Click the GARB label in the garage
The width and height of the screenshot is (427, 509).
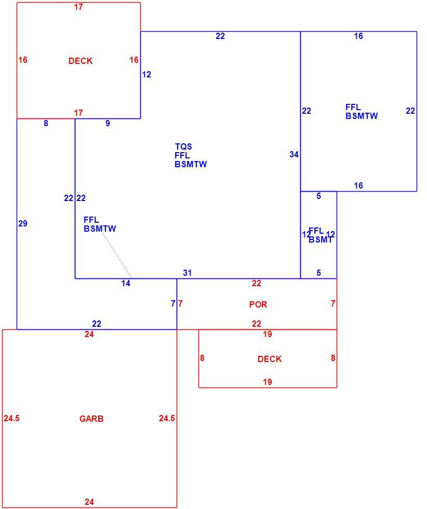click(91, 419)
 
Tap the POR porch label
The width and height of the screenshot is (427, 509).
click(258, 304)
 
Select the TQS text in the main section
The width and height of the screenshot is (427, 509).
click(183, 146)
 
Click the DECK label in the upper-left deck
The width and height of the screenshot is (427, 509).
click(81, 61)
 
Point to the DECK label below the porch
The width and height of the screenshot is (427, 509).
click(270, 359)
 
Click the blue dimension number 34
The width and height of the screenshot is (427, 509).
click(294, 155)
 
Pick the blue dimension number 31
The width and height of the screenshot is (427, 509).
click(188, 273)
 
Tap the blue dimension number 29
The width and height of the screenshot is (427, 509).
click(23, 223)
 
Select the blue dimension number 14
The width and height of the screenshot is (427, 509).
click(126, 284)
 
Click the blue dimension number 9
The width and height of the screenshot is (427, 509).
click(108, 124)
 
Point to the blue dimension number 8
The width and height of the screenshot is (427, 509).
click(46, 124)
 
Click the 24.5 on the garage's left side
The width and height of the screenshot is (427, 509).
click(12, 419)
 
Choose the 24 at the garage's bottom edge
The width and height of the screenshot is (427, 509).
click(89, 502)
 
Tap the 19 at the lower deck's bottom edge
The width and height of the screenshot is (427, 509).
click(268, 382)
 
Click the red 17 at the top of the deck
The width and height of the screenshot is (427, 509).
click(78, 7)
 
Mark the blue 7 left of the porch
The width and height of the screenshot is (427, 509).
click(173, 303)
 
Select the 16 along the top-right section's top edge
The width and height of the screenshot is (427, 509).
click(358, 36)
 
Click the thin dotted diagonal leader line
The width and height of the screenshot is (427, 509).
click(116, 255)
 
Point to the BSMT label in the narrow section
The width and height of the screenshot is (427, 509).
click(321, 240)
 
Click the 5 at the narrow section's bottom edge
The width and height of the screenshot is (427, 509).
click(318, 273)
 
